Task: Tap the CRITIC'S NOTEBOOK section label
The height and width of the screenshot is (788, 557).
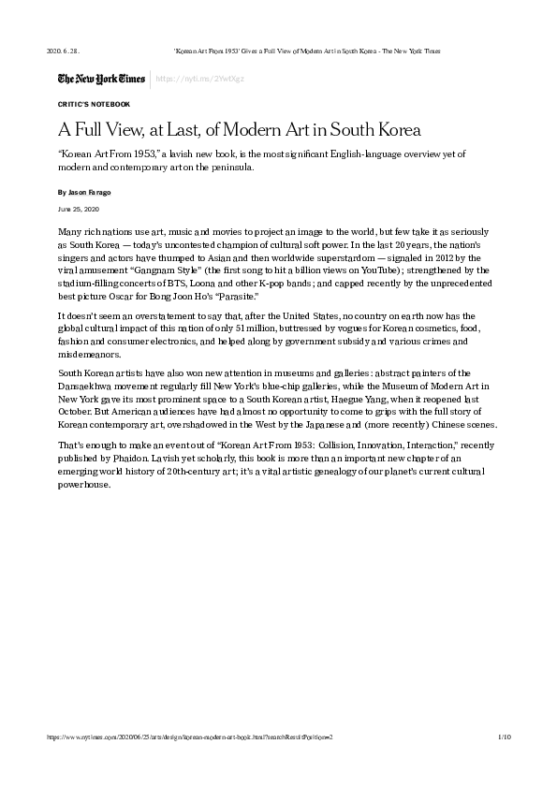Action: (x=94, y=104)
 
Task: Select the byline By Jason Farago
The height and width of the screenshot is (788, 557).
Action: (x=84, y=191)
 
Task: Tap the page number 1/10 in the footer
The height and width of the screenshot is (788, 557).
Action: (x=504, y=738)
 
